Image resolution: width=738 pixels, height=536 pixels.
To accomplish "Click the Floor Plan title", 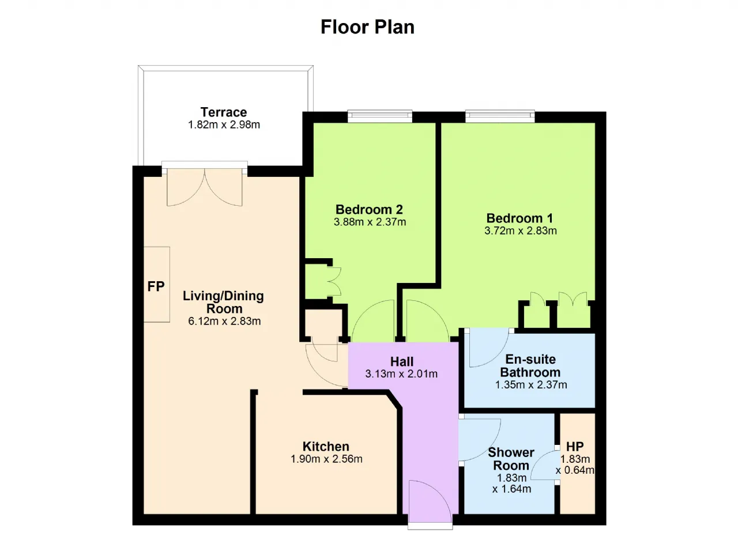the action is click(367, 27).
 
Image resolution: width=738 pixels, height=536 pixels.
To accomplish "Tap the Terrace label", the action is click(224, 112).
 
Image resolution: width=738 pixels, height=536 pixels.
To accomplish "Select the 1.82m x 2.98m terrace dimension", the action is click(224, 125).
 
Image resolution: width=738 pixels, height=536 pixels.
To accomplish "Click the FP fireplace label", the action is click(156, 286).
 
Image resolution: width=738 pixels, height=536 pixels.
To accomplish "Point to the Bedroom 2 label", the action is click(369, 209).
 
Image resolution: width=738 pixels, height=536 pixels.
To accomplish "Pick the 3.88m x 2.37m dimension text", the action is click(370, 222).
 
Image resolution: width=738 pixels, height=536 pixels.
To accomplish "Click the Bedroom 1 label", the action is click(519, 218).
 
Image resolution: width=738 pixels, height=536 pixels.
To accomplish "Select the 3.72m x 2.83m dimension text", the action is click(521, 231).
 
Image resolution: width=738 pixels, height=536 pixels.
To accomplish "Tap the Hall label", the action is click(402, 361).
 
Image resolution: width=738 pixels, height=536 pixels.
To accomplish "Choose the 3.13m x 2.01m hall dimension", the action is click(401, 373).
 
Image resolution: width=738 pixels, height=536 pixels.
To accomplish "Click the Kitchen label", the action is click(326, 447).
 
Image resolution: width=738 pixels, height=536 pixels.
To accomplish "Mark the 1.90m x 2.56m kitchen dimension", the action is click(326, 459).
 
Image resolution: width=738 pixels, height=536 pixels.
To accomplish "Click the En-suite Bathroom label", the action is click(530, 365).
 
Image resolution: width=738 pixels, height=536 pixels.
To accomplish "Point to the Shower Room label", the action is click(511, 459).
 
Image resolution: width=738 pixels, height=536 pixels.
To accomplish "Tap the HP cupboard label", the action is click(575, 447).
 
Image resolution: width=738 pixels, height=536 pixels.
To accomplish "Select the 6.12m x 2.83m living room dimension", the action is click(224, 321).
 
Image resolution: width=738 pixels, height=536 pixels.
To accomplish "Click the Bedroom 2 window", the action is click(380, 116).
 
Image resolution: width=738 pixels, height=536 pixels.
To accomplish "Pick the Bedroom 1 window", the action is click(500, 116).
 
